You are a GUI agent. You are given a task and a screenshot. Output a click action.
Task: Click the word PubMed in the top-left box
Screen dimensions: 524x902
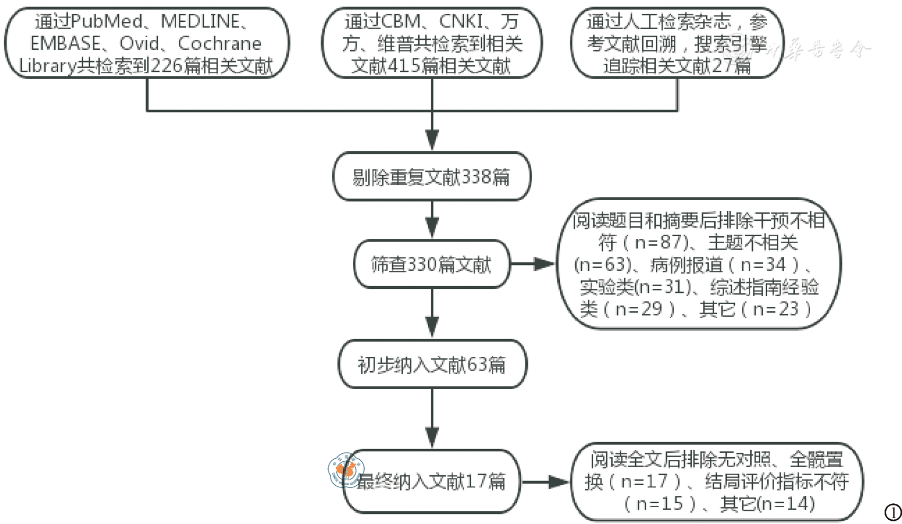(106, 21)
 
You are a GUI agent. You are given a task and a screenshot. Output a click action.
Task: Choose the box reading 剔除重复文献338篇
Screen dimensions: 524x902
(431, 177)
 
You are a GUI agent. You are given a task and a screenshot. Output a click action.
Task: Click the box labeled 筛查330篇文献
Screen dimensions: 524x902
(431, 264)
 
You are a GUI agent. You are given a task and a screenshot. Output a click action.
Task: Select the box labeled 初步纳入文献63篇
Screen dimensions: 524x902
(432, 365)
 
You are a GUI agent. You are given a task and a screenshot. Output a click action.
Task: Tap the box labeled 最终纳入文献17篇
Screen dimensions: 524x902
(432, 481)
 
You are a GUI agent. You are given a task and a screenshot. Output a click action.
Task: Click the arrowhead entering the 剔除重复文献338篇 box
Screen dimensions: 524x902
(432, 141)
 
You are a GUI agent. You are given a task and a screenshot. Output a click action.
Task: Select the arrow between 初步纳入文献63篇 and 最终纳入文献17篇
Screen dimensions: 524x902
(432, 419)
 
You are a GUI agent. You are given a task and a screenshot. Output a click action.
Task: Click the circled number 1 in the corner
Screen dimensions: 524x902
(893, 512)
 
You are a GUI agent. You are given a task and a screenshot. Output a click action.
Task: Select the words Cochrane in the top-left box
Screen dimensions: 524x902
(220, 44)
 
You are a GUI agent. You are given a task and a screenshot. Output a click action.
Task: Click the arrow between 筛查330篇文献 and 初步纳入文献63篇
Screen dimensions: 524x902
(432, 313)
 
